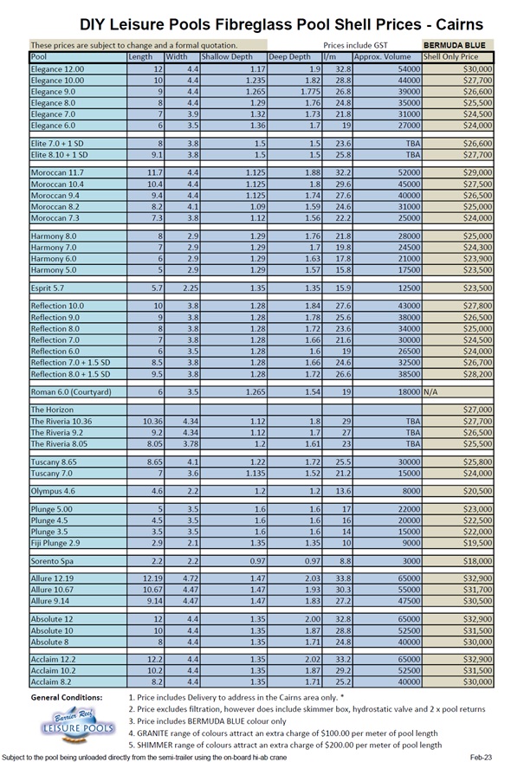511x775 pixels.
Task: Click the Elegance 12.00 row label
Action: (57, 68)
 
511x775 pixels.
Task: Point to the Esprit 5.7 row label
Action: (49, 287)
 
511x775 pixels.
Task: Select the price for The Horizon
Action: (478, 409)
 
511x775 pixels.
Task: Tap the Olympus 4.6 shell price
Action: (478, 490)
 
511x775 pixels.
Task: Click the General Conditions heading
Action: (66, 697)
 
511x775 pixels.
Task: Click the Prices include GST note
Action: (355, 45)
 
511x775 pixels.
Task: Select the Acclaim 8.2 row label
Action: (51, 681)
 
